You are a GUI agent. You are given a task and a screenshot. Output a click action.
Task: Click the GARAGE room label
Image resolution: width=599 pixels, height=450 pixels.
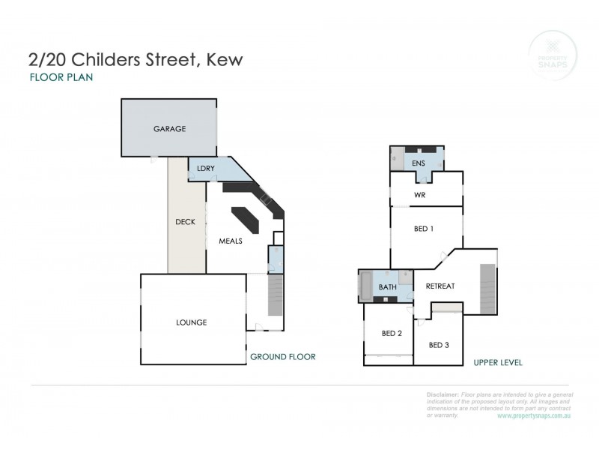click(170, 128)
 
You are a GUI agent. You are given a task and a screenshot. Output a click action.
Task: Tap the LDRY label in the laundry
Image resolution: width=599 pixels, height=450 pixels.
click(206, 169)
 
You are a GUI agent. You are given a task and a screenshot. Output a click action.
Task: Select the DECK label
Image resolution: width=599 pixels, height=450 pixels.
click(185, 222)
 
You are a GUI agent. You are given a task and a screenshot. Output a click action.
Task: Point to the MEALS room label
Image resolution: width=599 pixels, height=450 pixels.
click(230, 241)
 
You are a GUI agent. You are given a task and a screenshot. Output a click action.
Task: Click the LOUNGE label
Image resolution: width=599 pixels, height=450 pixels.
click(192, 322)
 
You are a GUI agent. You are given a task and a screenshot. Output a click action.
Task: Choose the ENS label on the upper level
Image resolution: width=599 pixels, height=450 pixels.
click(419, 163)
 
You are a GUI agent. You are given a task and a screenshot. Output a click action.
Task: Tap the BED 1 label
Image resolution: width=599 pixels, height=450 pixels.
click(424, 229)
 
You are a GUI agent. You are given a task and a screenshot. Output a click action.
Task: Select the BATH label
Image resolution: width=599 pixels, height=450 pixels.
click(387, 286)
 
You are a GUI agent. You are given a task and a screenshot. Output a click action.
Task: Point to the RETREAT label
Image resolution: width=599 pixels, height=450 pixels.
click(440, 286)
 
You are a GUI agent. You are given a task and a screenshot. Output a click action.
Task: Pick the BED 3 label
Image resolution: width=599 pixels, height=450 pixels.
click(440, 345)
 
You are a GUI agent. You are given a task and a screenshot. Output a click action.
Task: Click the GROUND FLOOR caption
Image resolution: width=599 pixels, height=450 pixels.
click(283, 357)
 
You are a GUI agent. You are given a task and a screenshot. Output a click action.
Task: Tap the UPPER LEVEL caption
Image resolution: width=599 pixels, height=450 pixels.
click(498, 362)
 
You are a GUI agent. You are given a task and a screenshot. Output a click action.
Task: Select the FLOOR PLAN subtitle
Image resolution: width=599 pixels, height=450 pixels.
click(61, 77)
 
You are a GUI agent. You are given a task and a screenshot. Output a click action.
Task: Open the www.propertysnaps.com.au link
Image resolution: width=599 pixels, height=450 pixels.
click(535, 415)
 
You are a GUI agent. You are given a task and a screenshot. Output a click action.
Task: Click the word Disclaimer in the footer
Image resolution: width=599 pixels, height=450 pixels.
click(443, 394)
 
